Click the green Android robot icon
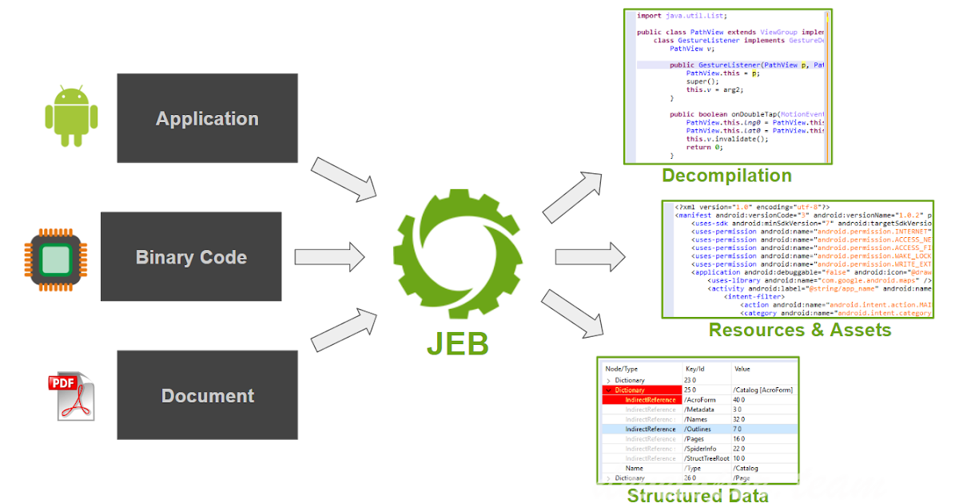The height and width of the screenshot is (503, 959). (x=71, y=117)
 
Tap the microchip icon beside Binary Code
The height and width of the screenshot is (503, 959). (x=54, y=256)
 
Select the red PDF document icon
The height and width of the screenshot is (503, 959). (x=70, y=396)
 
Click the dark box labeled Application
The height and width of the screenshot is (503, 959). (x=207, y=118)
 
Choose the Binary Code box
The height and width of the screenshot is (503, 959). (x=191, y=257)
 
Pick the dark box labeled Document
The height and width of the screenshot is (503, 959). (x=207, y=395)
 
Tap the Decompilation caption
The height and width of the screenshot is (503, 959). (x=726, y=176)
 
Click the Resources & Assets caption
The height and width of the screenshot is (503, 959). (x=799, y=330)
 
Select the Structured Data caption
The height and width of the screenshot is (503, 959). (x=698, y=495)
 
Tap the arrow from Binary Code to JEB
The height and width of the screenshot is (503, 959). (x=330, y=256)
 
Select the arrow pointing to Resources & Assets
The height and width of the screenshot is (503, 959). (x=588, y=257)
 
